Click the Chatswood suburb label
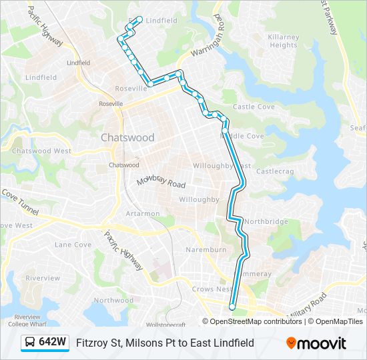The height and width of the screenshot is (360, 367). click(x=127, y=137)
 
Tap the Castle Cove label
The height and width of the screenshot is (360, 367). click(x=253, y=107)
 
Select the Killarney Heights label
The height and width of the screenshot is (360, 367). click(x=283, y=41)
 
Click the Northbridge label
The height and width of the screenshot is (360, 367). click(x=266, y=221)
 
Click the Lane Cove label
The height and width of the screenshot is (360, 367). click(x=73, y=245)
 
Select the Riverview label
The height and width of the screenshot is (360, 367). click(x=43, y=278)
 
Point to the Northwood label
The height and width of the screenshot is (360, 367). click(x=113, y=301)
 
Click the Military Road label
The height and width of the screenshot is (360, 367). click(x=308, y=304)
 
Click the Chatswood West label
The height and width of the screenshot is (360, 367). click(x=41, y=151)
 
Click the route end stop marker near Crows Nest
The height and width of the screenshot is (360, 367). click(x=232, y=307)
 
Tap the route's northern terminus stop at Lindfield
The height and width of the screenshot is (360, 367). click(x=139, y=19)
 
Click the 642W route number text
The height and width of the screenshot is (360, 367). click(x=53, y=343)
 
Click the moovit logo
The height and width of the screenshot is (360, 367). click(x=316, y=343)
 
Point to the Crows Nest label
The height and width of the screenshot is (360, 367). click(x=212, y=289)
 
